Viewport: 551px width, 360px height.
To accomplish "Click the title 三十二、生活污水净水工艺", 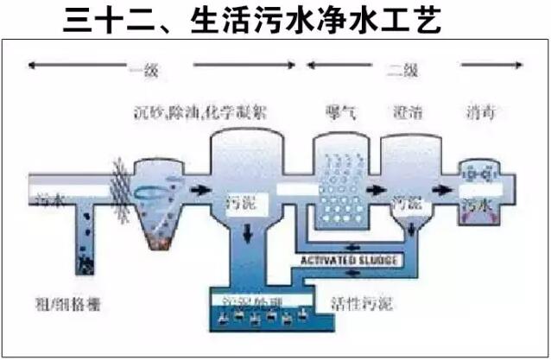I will pyautogui.click(x=252, y=20).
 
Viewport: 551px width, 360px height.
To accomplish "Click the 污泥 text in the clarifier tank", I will pyautogui.click(x=406, y=205).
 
